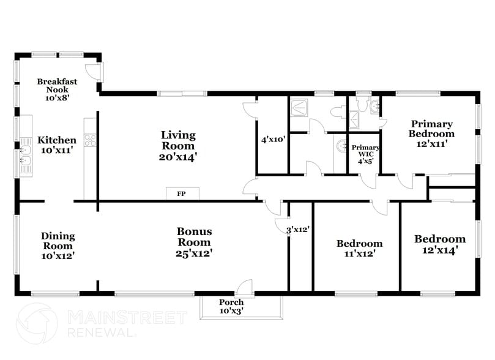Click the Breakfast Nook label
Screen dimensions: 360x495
click(x=57, y=86)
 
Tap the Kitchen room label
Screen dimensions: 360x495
click(x=57, y=140)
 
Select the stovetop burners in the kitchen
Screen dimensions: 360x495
click(x=90, y=139)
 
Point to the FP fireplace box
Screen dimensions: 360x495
click(x=182, y=193)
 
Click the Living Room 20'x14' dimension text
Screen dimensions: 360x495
click(x=178, y=157)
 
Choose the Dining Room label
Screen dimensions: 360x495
click(x=58, y=236)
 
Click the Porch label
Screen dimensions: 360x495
click(x=231, y=302)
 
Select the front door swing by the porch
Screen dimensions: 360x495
click(x=245, y=287)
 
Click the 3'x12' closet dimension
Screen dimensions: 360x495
click(x=298, y=230)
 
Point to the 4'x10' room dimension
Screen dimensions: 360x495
click(x=274, y=139)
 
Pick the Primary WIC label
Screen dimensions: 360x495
click(x=365, y=151)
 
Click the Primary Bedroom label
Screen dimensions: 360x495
click(x=431, y=129)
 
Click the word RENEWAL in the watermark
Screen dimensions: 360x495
click(x=101, y=333)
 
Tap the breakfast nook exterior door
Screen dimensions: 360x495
click(x=95, y=72)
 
